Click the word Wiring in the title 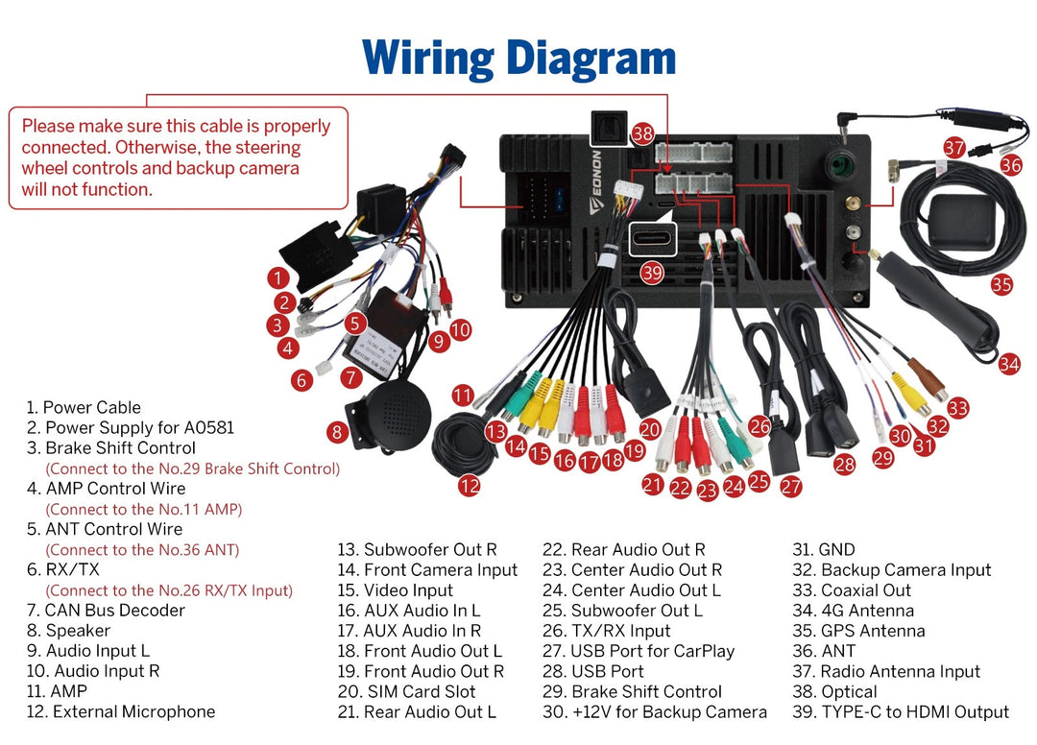[x=428, y=59]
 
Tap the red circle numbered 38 [x=642, y=134]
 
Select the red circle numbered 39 [x=652, y=273]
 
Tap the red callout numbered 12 [x=470, y=486]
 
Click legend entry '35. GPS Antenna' [x=858, y=631]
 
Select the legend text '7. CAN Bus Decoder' [x=106, y=611]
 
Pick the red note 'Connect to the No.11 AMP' [x=143, y=510]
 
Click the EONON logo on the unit [x=595, y=181]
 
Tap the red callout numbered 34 [x=1008, y=364]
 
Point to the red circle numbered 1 [x=277, y=278]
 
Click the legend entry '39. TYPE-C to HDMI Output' [x=901, y=712]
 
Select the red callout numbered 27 [x=790, y=487]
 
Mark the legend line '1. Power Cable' [x=84, y=407]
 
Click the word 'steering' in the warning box [x=268, y=147]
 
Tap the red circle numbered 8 [x=337, y=432]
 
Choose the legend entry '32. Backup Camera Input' [x=891, y=570]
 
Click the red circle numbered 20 [x=650, y=430]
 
